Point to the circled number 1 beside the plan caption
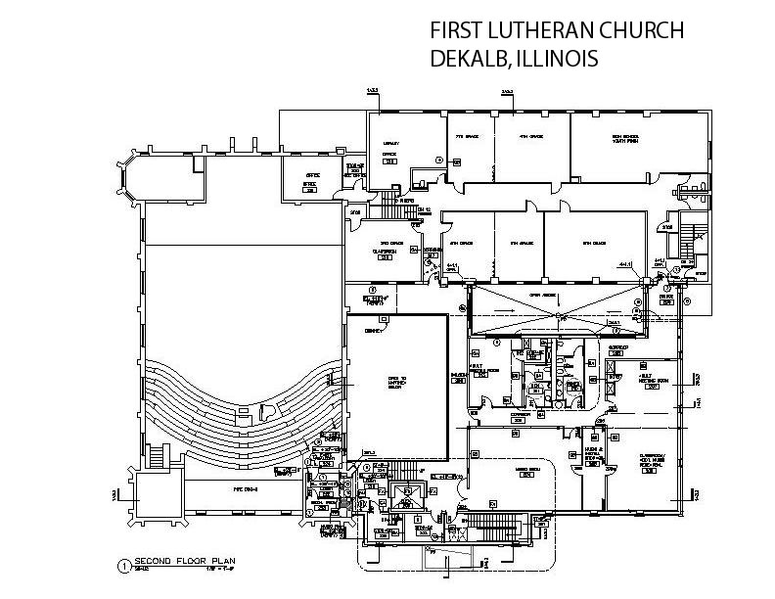(123, 565)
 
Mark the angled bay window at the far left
(124, 173)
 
